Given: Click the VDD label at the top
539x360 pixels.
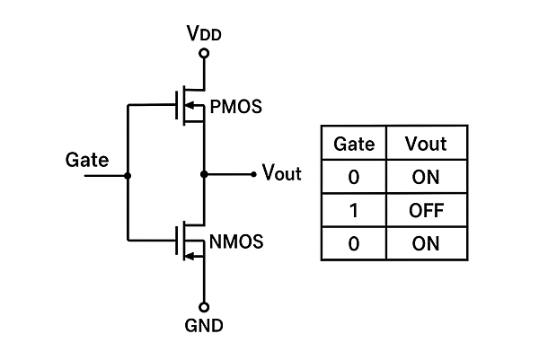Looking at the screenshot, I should click(204, 35).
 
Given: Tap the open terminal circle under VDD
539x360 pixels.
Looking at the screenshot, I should click(204, 54).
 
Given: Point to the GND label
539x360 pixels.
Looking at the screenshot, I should click(204, 325).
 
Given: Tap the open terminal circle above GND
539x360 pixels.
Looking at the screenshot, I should click(204, 305).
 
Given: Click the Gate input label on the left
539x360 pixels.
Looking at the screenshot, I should click(87, 161).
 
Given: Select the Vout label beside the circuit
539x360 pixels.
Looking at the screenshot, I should click(281, 174).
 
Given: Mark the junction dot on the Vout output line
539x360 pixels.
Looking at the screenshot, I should click(204, 174).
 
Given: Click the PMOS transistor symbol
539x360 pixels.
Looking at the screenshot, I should click(190, 107).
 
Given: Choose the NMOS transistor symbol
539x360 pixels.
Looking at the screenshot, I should click(190, 241).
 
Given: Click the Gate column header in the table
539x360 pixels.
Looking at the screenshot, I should click(353, 144).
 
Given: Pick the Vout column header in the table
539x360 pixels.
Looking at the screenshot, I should click(426, 144).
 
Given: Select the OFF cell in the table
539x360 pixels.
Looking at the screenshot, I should click(426, 210).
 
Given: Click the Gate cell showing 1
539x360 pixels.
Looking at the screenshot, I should click(353, 210).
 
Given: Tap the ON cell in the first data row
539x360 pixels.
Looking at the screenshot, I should click(426, 177).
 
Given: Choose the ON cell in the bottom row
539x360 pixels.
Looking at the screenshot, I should click(426, 243).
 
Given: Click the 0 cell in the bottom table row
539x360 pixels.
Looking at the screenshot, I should click(353, 243).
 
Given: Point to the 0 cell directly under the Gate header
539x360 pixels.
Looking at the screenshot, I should click(353, 177).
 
